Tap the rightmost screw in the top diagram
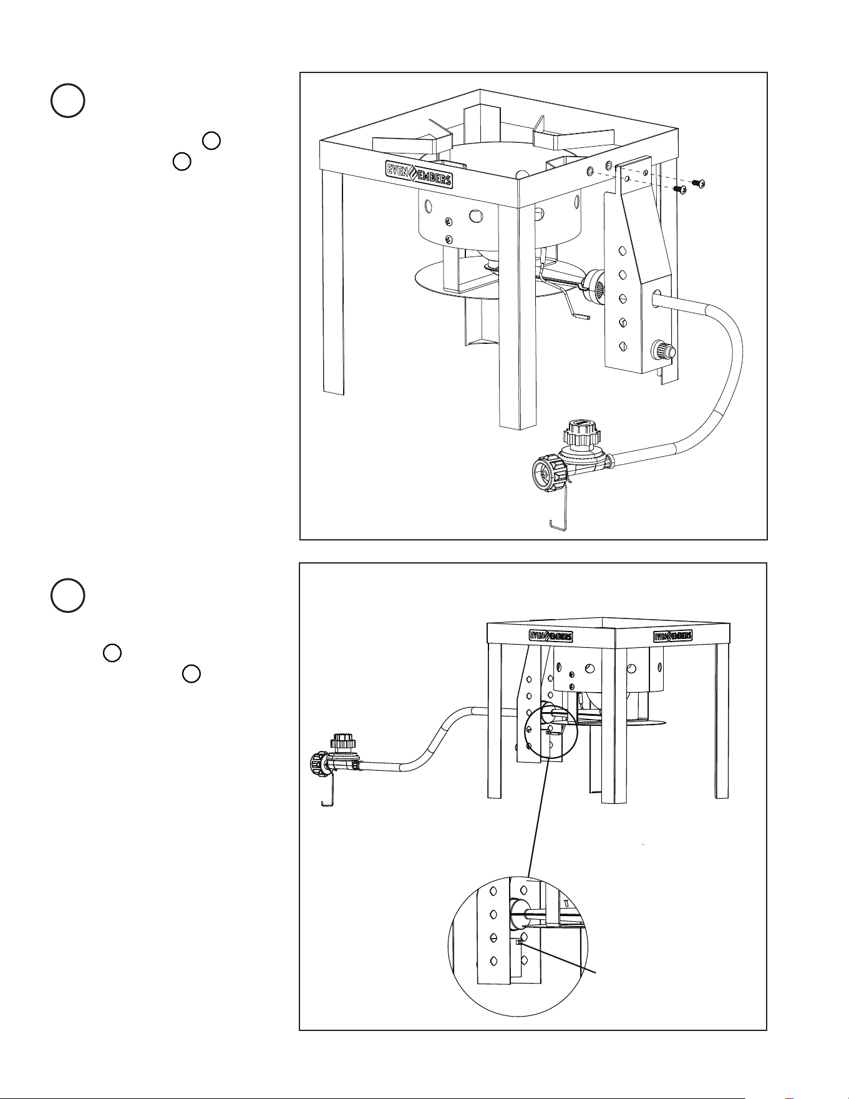pyautogui.click(x=699, y=183)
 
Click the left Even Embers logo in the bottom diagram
pyautogui.click(x=550, y=636)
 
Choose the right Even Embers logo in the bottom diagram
pyautogui.click(x=672, y=637)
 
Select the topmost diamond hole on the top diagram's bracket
pyautogui.click(x=622, y=251)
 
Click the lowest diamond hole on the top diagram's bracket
pyautogui.click(x=622, y=346)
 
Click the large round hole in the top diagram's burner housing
pyautogui.click(x=476, y=215)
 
